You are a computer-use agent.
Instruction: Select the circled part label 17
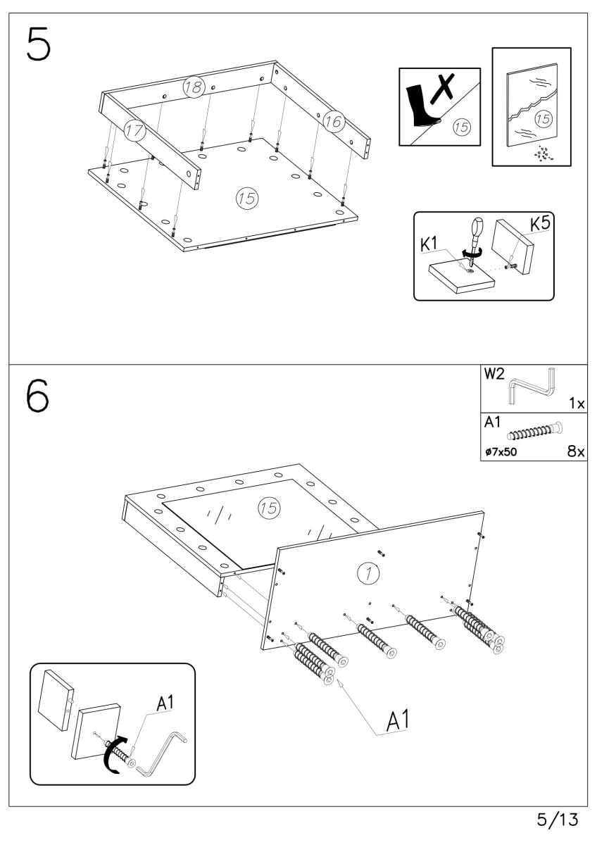pos(133,130)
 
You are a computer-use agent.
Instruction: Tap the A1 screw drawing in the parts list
pos(535,429)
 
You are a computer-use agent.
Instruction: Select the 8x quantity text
pos(576,451)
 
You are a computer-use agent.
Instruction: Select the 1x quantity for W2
pos(577,404)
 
